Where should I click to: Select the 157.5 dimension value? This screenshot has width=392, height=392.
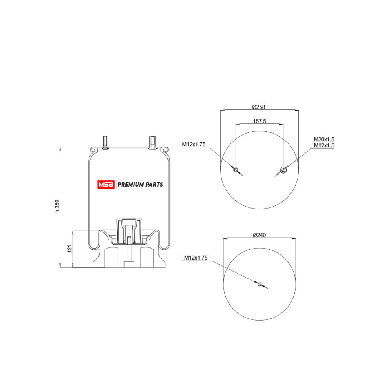260,121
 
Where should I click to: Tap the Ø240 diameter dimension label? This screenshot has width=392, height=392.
259,235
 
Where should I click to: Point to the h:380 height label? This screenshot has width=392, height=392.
57,206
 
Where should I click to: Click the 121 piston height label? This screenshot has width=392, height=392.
70,249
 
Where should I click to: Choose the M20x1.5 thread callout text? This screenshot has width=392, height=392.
324,139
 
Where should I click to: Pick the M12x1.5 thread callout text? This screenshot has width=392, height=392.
324,145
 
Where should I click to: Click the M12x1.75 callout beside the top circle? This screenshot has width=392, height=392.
194,144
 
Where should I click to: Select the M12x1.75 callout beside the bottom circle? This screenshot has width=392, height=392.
196,258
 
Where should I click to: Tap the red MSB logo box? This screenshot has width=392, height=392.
106,185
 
